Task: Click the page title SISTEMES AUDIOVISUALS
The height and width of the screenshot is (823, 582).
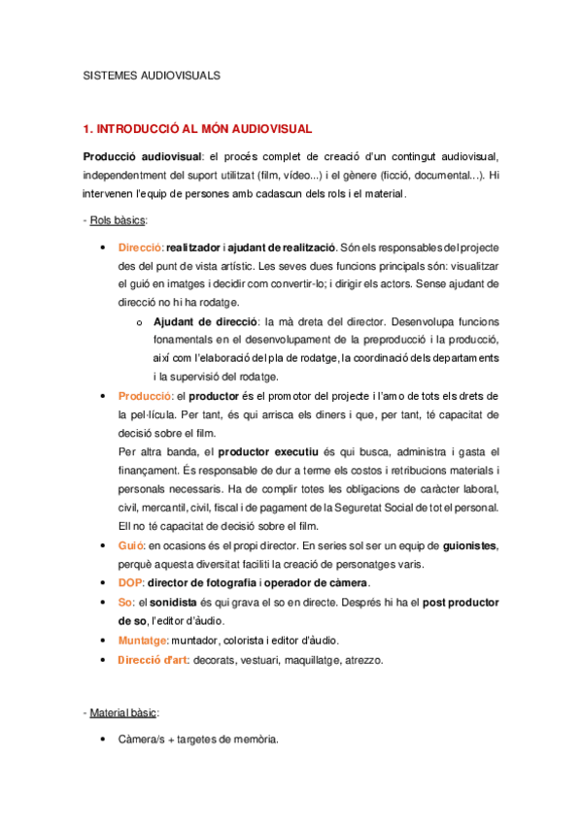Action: (x=153, y=74)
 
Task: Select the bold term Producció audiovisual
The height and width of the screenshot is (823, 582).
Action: (x=141, y=156)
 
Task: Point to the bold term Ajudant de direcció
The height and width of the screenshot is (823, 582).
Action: (x=206, y=321)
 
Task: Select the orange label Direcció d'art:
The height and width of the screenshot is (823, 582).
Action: (x=154, y=660)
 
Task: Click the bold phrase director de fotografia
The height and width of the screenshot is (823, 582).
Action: (x=202, y=583)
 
